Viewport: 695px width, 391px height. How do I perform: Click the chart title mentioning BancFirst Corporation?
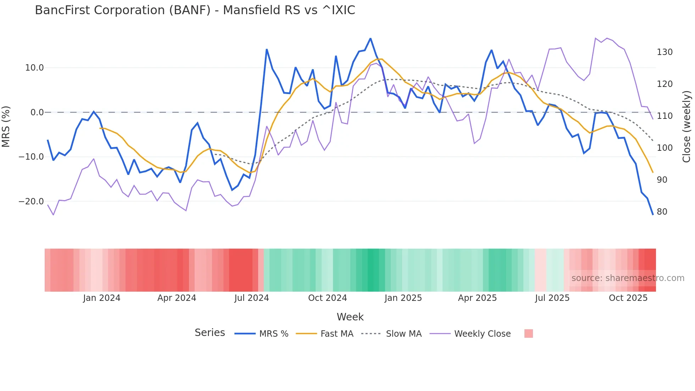click(x=195, y=10)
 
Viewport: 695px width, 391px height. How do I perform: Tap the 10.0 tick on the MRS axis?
click(x=34, y=68)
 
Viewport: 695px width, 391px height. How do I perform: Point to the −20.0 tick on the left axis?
click(x=31, y=202)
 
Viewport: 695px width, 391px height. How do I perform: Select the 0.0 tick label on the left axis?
click(x=37, y=112)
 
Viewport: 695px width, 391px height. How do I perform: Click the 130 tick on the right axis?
click(x=665, y=52)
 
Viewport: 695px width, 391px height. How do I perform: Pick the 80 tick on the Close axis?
click(x=662, y=212)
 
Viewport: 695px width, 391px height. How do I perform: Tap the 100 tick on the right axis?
click(x=665, y=148)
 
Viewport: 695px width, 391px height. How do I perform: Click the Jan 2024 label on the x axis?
click(x=102, y=298)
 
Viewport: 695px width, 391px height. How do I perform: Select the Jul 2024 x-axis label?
click(x=252, y=298)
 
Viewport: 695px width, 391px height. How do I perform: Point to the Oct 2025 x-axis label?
click(x=628, y=298)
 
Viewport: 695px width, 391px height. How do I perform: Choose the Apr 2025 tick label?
click(x=477, y=298)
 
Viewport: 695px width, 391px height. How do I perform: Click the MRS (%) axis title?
click(x=6, y=127)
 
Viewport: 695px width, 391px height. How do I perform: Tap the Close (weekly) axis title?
click(x=687, y=127)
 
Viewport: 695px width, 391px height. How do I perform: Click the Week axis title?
click(x=350, y=317)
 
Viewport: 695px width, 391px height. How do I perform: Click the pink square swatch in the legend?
click(x=528, y=334)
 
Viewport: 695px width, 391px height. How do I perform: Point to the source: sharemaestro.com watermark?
click(x=628, y=278)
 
